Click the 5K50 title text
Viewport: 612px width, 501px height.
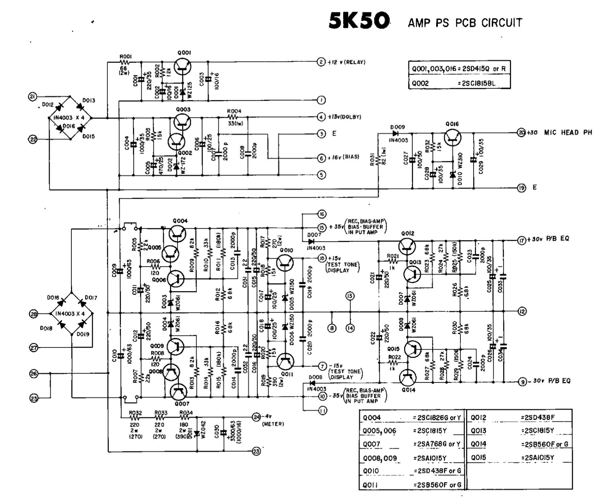click(x=359, y=21)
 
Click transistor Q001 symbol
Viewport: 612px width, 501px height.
click(x=183, y=67)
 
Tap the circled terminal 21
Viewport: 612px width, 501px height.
click(x=33, y=96)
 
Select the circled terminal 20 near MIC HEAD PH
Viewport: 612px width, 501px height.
click(x=521, y=133)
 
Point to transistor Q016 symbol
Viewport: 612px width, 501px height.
click(x=452, y=137)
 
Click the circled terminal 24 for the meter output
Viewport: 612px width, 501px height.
click(x=256, y=416)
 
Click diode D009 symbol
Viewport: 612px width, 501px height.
click(x=395, y=133)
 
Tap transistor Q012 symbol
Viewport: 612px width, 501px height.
click(x=407, y=246)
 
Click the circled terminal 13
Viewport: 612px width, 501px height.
click(x=350, y=296)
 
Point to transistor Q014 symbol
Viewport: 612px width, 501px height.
click(x=408, y=378)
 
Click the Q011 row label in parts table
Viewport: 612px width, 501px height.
click(x=371, y=485)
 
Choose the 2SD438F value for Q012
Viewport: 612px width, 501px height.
click(x=538, y=417)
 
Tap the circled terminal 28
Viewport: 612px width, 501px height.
click(x=33, y=314)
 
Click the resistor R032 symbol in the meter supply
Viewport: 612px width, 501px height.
click(x=135, y=417)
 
